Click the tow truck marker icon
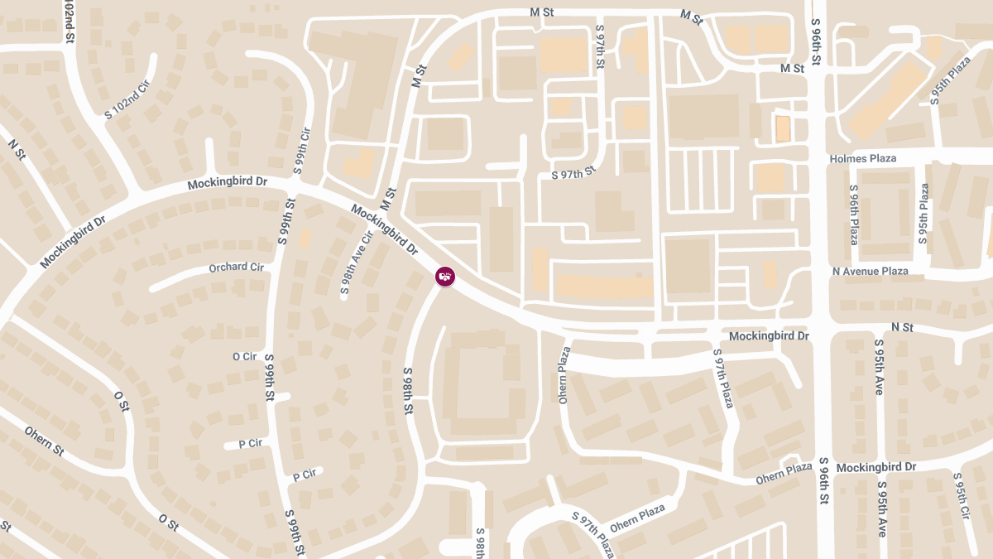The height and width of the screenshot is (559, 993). pos(445,276)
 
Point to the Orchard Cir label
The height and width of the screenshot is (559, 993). pos(236,267)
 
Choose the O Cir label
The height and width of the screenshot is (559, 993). pos(245,356)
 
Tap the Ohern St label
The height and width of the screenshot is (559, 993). pos(44,441)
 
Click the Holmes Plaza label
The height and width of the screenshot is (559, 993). pos(862,158)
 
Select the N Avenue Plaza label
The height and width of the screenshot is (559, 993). pos(870,271)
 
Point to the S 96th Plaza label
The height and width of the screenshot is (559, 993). pos(854,214)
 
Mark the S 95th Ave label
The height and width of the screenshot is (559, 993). pos(879,366)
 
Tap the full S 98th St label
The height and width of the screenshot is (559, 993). pos(408,391)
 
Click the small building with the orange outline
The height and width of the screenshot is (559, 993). pos(782,128)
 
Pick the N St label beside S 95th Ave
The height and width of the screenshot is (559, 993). pos(902,328)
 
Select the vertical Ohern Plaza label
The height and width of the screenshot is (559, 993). pos(564,374)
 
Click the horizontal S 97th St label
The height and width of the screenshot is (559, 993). pos(573,174)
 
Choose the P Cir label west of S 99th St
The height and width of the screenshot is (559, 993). pos(250,443)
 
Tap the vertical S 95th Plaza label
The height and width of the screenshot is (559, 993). pos(923,214)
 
